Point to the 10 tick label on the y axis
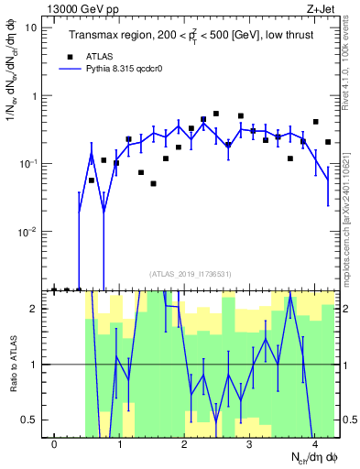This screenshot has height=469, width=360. click(x=29, y=27)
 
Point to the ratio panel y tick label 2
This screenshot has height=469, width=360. click(x=35, y=309)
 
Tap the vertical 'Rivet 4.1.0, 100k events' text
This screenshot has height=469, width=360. click(x=351, y=64)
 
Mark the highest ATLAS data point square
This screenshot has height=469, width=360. click(x=216, y=114)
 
